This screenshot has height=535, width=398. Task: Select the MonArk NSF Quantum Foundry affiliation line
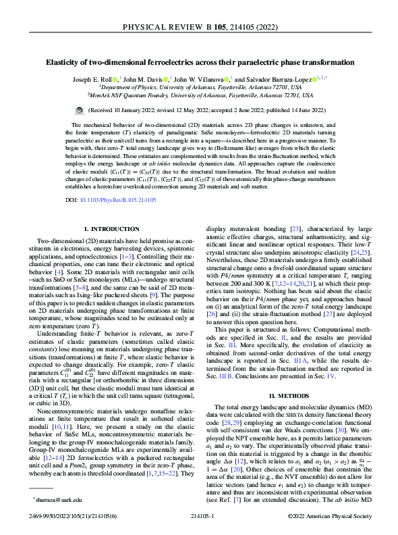click(199, 95)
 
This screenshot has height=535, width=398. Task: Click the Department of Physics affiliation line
click(199, 87)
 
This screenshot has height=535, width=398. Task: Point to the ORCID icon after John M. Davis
click(166, 78)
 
